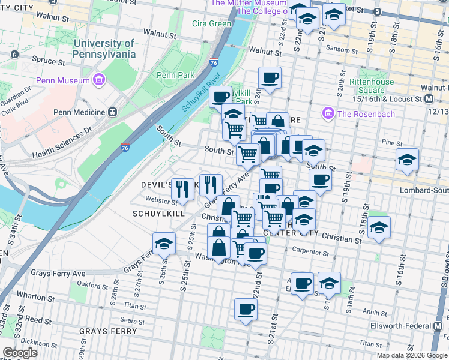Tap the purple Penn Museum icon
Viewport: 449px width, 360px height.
pyautogui.click(x=100, y=79)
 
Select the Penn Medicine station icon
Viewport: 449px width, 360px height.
pyautogui.click(x=112, y=112)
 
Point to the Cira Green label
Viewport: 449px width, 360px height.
pyautogui.click(x=211, y=24)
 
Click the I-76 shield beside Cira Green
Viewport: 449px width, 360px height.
pyautogui.click(x=214, y=62)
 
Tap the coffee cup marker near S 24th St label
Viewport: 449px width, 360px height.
pyautogui.click(x=270, y=78)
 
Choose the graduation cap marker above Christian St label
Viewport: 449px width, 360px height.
pyautogui.click(x=379, y=227)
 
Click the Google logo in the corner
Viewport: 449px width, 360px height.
pyautogui.click(x=20, y=353)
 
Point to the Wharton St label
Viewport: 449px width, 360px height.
pyautogui.click(x=32, y=295)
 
